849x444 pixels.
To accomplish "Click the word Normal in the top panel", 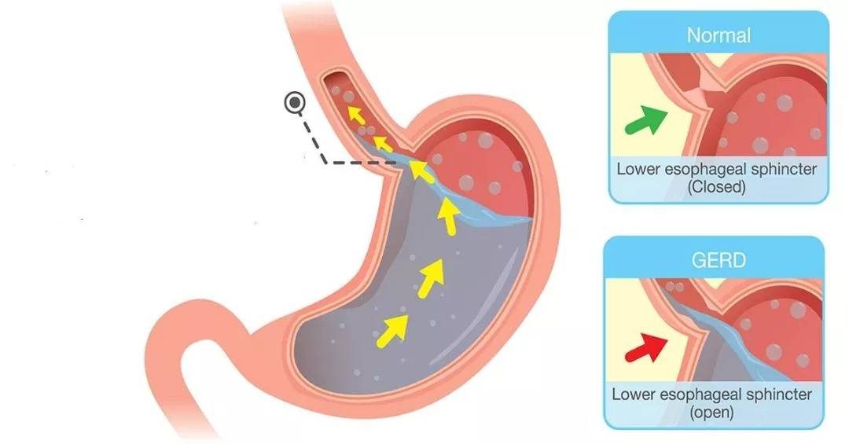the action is (719, 35).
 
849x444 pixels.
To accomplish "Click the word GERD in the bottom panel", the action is (719, 260).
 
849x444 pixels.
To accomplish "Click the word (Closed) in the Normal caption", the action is (717, 187).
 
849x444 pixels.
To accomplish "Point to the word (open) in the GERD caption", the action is (712, 412).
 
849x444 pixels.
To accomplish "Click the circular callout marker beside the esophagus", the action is (295, 102).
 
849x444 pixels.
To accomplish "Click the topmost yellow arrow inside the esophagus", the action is (355, 115).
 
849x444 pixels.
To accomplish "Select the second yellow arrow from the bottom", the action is (432, 278).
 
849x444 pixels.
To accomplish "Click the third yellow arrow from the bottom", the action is (448, 217).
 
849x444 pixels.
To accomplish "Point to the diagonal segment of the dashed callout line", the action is (312, 138).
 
